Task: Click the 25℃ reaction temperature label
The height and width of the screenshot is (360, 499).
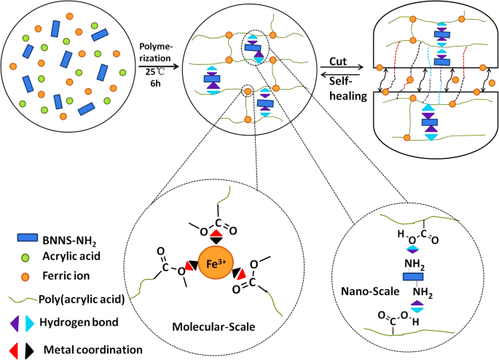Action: pyautogui.click(x=154, y=75)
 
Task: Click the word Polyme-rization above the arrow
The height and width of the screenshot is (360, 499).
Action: pyautogui.click(x=154, y=52)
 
